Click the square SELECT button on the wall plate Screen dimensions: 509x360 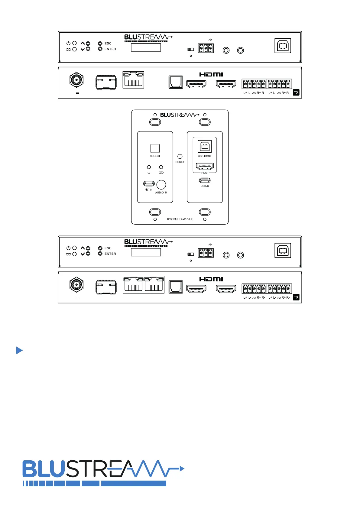(x=155, y=148)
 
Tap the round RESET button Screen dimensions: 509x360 (x=180, y=156)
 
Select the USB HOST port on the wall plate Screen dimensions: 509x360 (x=205, y=147)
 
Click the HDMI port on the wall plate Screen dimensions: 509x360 (x=205, y=166)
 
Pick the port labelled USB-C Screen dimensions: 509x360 (x=205, y=180)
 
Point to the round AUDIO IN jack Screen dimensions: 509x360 (x=161, y=185)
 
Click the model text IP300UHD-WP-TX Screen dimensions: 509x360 (x=180, y=219)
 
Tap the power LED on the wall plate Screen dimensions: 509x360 (x=149, y=167)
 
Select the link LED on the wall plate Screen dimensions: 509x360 (x=161, y=167)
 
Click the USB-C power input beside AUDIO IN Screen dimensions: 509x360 (x=149, y=184)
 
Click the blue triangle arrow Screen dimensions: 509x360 (x=19, y=350)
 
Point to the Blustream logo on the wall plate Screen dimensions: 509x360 (x=180, y=115)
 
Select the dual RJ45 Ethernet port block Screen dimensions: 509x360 (x=144, y=284)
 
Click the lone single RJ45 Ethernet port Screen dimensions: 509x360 (x=133, y=80)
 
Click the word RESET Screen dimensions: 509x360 (x=180, y=162)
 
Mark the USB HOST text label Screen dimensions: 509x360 (x=205, y=156)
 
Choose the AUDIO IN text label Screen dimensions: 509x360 (x=161, y=193)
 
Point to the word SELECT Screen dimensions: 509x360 (x=155, y=156)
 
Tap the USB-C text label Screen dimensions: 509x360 (x=205, y=186)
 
